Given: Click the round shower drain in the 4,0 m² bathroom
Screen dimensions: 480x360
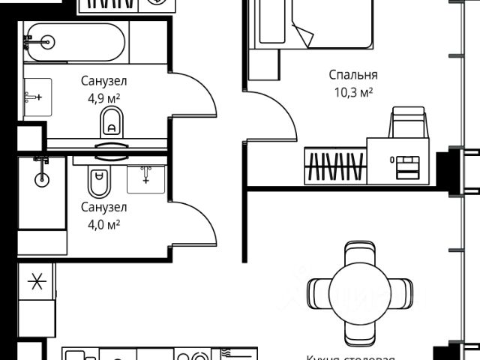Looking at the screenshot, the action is point(42,179).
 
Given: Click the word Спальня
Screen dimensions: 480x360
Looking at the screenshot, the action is point(352,75).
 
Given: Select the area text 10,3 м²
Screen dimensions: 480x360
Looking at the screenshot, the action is point(352,92).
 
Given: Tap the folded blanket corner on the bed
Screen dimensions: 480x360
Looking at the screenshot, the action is point(303,34).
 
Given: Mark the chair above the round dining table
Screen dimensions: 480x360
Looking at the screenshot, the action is point(358,251).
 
